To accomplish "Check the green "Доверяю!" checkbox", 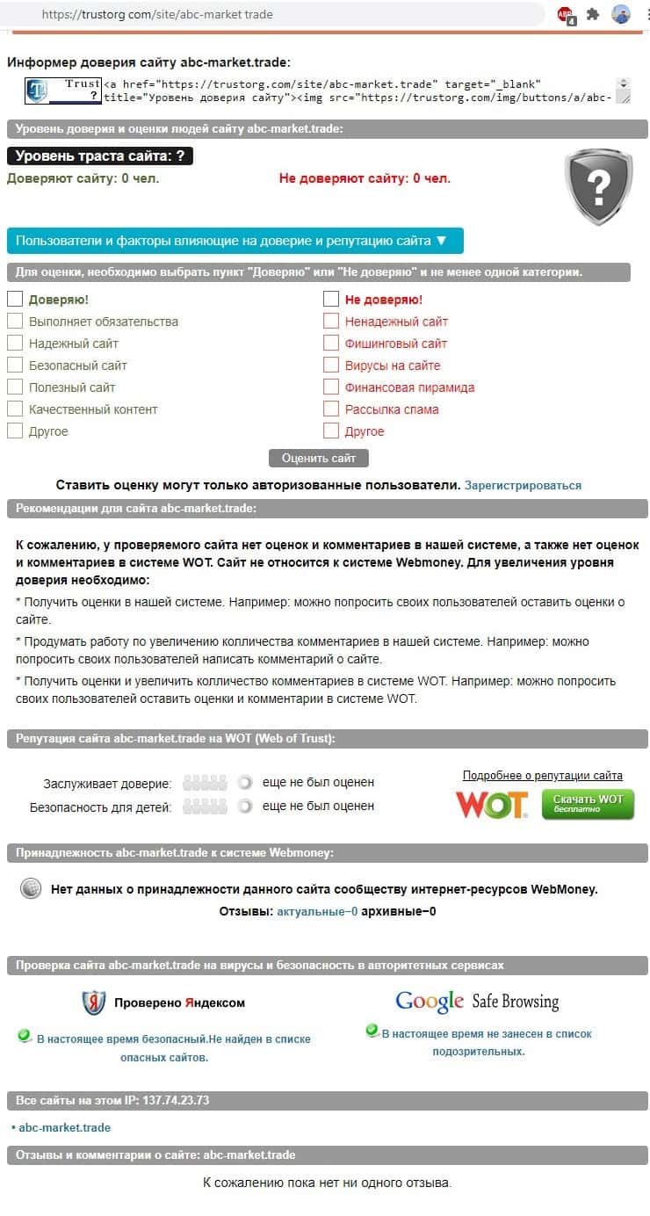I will click(15, 299).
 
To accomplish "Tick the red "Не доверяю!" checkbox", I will click(331, 299).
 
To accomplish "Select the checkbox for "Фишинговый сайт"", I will click(331, 343).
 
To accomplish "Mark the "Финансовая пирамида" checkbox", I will click(331, 387).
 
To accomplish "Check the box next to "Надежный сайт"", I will click(15, 343).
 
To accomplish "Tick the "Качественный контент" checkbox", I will click(15, 409).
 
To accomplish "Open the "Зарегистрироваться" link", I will click(523, 485).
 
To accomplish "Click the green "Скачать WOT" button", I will click(588, 803).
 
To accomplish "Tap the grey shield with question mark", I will click(598, 185).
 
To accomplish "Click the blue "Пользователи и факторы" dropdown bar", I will click(235, 241).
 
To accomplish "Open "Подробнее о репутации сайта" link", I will click(542, 776).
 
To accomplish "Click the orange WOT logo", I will click(492, 804).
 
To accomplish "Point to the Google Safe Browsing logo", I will click(477, 1001).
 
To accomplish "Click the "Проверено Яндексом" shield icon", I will click(94, 1002).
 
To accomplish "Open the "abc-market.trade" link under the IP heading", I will click(65, 1127).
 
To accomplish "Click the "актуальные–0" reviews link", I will click(317, 911).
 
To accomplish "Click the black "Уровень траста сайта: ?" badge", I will click(100, 156).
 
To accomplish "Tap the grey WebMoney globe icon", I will click(31, 888).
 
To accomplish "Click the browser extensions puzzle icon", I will click(594, 14).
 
